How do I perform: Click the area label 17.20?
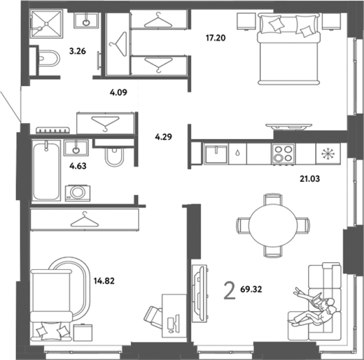[216, 38]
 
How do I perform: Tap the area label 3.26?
[78, 51]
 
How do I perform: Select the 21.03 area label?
[310, 179]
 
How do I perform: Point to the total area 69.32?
[251, 289]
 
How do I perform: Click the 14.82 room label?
[104, 281]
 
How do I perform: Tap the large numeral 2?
[230, 290]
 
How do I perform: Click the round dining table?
[273, 225]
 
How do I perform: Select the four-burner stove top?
[283, 155]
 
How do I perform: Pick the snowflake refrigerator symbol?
[328, 154]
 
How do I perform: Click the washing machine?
[78, 193]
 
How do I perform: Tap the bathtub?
[46, 171]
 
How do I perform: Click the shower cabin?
[46, 24]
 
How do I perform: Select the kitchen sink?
[216, 155]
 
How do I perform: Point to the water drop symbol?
[238, 153]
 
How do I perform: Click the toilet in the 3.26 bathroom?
[48, 58]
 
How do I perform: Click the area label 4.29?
[164, 137]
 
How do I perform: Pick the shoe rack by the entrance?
[53, 130]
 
